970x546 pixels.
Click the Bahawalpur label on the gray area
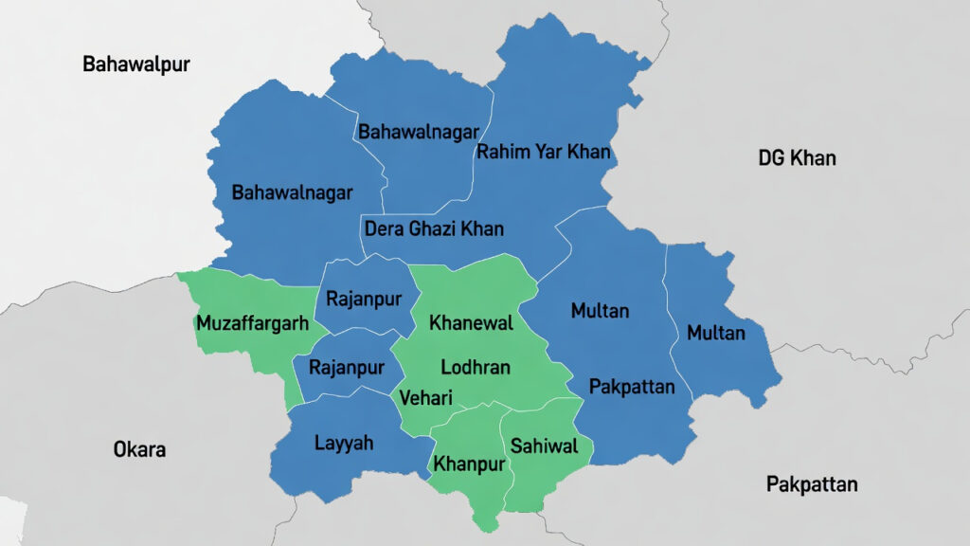[x=136, y=64]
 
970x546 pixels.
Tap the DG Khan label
[x=797, y=157]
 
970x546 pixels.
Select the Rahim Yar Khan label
[x=543, y=152]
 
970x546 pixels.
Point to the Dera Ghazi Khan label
[x=434, y=228]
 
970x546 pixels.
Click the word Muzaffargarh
[x=252, y=323]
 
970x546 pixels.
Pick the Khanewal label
[x=471, y=323]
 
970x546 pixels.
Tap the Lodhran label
[x=476, y=367]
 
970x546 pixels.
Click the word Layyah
[x=343, y=443]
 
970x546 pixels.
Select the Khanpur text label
[x=469, y=464]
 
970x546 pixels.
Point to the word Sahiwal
[x=543, y=446]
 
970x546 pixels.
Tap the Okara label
[x=139, y=449]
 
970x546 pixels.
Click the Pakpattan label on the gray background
[x=812, y=484]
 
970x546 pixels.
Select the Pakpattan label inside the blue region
[x=632, y=386]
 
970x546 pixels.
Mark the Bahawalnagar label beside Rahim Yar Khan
[x=418, y=132]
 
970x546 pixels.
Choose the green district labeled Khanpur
[x=469, y=436]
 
